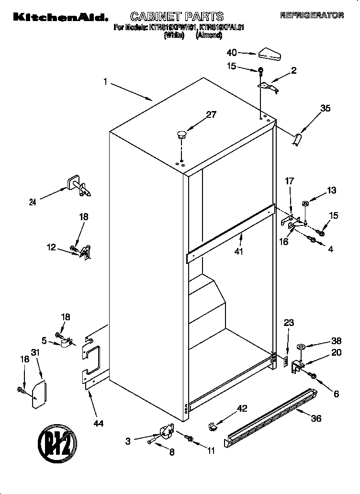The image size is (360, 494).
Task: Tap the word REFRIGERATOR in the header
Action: [312, 15]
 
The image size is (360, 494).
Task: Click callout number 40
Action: [232, 52]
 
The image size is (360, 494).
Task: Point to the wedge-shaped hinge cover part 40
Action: [268, 54]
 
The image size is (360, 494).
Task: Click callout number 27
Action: [211, 114]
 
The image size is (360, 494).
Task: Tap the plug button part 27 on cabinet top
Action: [181, 134]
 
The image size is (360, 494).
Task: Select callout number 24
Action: [33, 202]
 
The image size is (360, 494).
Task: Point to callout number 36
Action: [315, 418]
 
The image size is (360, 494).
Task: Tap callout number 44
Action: [99, 423]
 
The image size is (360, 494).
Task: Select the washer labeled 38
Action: [302, 347]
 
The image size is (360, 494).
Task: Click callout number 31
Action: [34, 352]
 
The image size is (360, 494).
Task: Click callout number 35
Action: [325, 108]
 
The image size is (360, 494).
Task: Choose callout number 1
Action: [105, 82]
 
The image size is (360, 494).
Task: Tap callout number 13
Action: [331, 190]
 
